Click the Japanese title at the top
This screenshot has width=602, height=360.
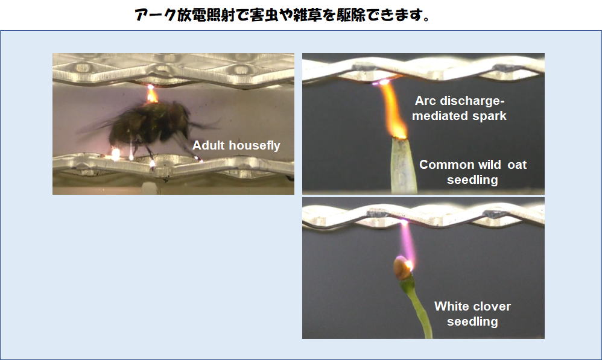point(283,15)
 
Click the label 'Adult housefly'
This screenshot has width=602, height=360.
point(236,145)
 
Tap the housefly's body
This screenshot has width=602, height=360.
point(150,123)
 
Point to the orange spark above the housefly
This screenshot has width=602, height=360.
point(151,95)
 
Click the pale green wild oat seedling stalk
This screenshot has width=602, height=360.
point(403,166)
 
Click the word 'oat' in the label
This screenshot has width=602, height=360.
point(517,165)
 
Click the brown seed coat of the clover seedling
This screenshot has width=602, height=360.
point(402,268)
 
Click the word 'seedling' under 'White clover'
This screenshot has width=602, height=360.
point(472,321)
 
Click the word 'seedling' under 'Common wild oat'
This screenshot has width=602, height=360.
point(472,180)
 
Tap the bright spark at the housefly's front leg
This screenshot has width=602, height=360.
point(115,154)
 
